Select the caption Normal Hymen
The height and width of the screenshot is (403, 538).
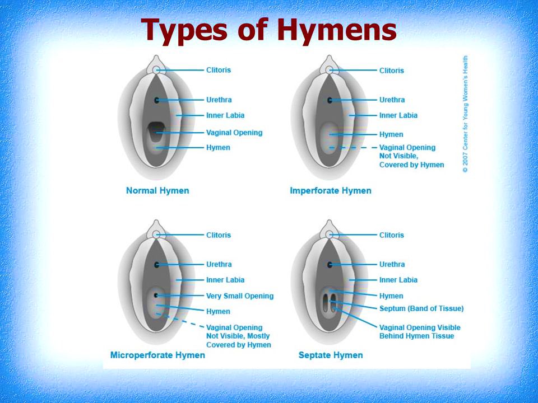[x=157, y=190]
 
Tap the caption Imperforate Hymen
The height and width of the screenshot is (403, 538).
[x=331, y=190]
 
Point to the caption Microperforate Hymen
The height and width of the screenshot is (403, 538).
[x=157, y=355]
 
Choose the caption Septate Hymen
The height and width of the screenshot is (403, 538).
[x=331, y=355]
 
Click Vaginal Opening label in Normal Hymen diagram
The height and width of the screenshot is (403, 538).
[x=234, y=133]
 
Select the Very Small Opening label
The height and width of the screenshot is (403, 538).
[x=240, y=296]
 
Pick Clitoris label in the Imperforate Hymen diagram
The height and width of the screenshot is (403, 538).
[x=392, y=71]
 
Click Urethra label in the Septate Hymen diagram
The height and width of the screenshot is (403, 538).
[x=392, y=264]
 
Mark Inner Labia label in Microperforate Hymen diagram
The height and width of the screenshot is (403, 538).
[x=225, y=280]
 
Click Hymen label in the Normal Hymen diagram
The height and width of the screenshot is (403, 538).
[x=218, y=147]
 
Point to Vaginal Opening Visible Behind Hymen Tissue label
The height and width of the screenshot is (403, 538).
[x=420, y=331]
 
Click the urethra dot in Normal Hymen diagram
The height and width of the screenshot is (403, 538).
[x=157, y=100]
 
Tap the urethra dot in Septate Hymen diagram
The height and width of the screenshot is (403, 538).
[x=330, y=264]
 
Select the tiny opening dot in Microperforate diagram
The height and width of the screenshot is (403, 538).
[x=157, y=295]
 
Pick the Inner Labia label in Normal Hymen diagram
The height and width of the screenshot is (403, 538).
[x=225, y=115]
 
